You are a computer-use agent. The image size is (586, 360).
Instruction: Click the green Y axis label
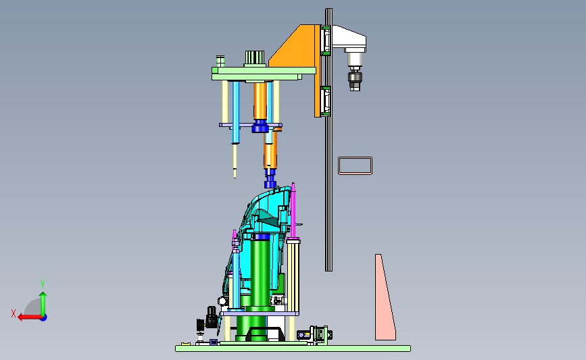click(x=43, y=284)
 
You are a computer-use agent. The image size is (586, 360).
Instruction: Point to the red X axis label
click(x=14, y=313)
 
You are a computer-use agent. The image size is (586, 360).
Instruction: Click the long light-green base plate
click(x=293, y=349)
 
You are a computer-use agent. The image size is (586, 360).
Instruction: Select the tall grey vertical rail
click(x=329, y=140)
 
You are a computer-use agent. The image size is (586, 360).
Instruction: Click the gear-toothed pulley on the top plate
click(x=255, y=59)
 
